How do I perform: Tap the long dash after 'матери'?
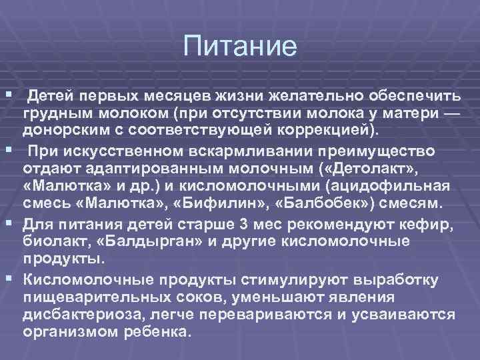click(451, 109)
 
